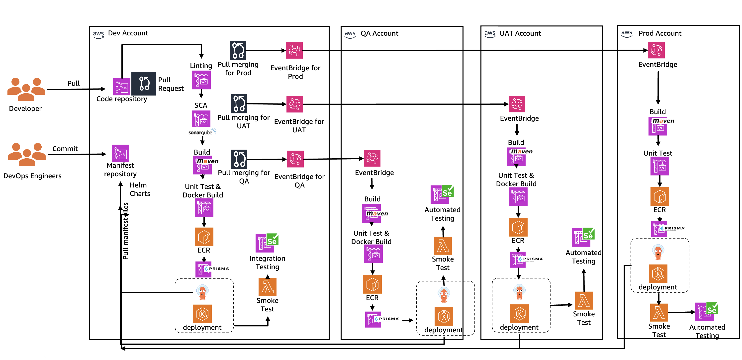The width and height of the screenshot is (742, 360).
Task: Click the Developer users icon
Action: (x=26, y=89)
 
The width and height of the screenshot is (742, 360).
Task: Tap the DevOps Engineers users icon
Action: (x=26, y=155)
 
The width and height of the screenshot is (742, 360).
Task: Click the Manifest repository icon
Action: (x=120, y=153)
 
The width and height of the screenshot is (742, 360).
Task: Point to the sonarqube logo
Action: (x=202, y=132)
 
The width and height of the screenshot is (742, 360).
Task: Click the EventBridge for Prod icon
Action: (x=294, y=50)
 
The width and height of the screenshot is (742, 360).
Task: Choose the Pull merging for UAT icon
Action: (x=239, y=103)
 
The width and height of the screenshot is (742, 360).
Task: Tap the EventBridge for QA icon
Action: (x=295, y=159)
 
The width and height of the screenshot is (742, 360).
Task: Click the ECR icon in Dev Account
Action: (x=204, y=237)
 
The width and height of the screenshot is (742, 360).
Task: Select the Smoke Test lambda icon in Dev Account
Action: (x=267, y=287)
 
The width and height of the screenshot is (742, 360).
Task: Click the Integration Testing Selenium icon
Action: (x=267, y=243)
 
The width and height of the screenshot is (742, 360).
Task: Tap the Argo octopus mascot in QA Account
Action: (x=444, y=295)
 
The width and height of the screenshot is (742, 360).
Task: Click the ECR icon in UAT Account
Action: (x=518, y=227)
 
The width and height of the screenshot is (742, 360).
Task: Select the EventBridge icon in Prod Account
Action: (x=656, y=50)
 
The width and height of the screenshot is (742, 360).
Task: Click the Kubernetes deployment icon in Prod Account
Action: (x=658, y=273)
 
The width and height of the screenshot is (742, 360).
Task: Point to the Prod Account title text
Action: (x=660, y=33)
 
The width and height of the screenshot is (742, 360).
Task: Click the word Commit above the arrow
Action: (x=65, y=149)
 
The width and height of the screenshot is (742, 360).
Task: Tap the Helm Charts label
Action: (x=140, y=189)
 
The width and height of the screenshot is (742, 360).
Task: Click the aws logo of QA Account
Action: (x=350, y=34)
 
